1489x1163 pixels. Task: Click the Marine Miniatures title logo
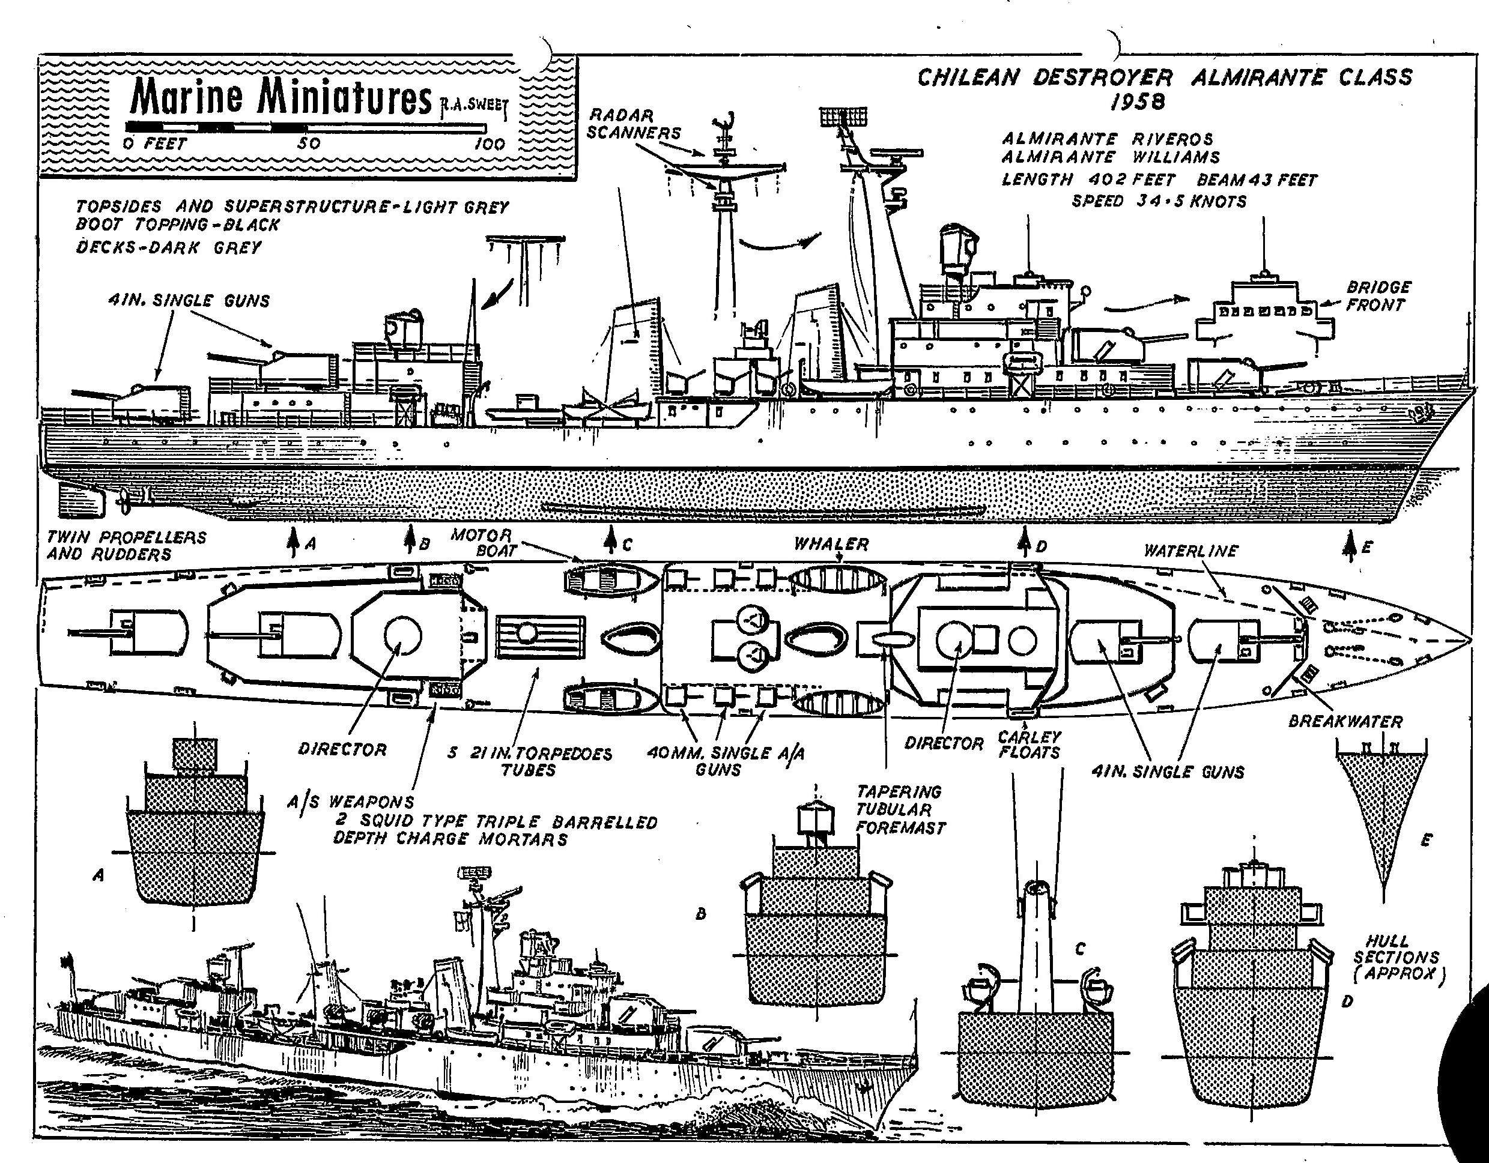(x=281, y=97)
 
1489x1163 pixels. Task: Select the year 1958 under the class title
(x=1136, y=102)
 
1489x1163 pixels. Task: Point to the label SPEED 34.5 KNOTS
(x=1159, y=202)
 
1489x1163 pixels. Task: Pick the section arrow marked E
(x=1348, y=547)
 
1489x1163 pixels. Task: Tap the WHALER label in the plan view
(x=831, y=544)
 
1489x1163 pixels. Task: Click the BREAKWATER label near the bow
(x=1344, y=721)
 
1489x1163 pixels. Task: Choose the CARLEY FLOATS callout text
(x=1029, y=745)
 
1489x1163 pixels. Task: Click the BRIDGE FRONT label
(x=1378, y=296)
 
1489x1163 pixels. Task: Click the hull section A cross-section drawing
(x=194, y=839)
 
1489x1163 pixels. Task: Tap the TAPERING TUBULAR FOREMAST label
(x=900, y=810)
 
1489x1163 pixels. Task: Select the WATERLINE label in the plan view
(x=1190, y=551)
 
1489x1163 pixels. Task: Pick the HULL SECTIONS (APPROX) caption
(x=1398, y=958)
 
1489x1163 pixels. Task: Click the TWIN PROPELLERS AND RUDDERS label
(x=126, y=545)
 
